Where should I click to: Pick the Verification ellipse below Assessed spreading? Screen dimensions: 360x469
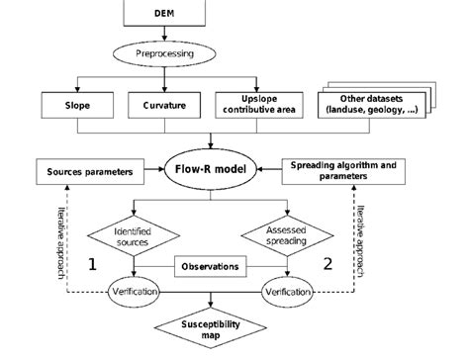click(287, 294)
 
